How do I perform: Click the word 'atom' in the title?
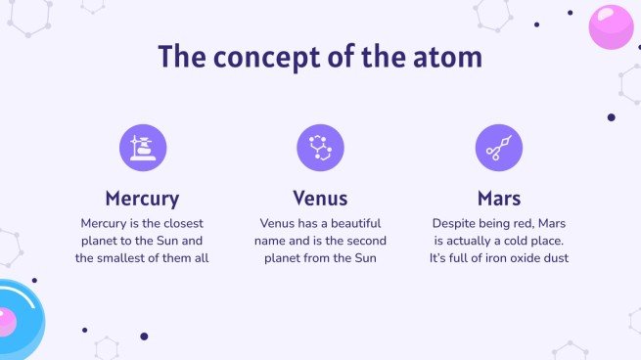[444, 57]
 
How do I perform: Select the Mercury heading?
[142, 199]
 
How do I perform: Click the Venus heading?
[320, 199]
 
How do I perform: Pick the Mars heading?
[498, 199]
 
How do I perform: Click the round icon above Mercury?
[143, 148]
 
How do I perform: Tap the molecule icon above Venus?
[320, 148]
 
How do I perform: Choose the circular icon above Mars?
[498, 148]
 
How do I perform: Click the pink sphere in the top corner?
[611, 26]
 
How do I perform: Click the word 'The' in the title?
[179, 57]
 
